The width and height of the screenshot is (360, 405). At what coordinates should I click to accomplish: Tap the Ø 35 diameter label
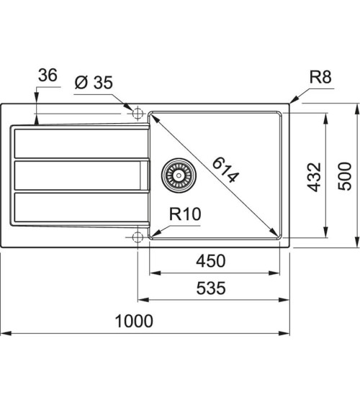click(x=94, y=83)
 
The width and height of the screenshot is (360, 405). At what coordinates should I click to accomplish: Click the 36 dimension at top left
click(x=48, y=76)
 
